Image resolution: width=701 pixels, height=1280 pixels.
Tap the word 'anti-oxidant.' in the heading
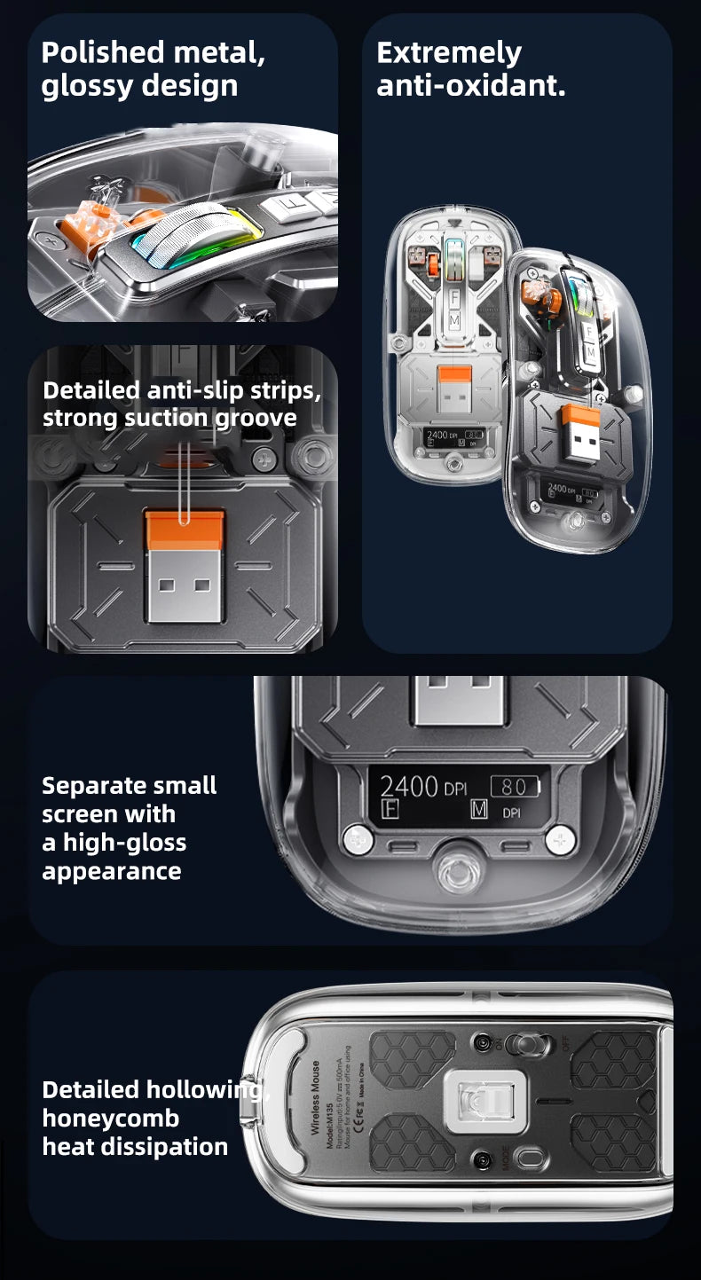coord(470,86)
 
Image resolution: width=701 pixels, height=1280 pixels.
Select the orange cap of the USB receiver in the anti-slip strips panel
coord(185,530)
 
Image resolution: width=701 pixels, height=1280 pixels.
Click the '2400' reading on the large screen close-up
coord(409,786)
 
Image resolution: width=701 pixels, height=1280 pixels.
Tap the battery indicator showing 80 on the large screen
coord(514,786)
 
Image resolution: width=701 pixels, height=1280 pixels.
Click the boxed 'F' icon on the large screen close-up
coord(390,809)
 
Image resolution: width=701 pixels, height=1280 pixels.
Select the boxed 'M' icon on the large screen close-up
coord(479,809)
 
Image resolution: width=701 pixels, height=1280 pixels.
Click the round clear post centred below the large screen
coord(460,872)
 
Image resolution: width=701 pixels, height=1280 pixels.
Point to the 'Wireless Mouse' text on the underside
coord(316,1097)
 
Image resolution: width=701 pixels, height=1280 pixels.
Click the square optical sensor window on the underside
coord(486,1103)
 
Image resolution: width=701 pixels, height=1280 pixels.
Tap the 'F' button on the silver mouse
coord(453,293)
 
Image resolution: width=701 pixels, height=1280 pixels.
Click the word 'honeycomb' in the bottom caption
coord(110,1118)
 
